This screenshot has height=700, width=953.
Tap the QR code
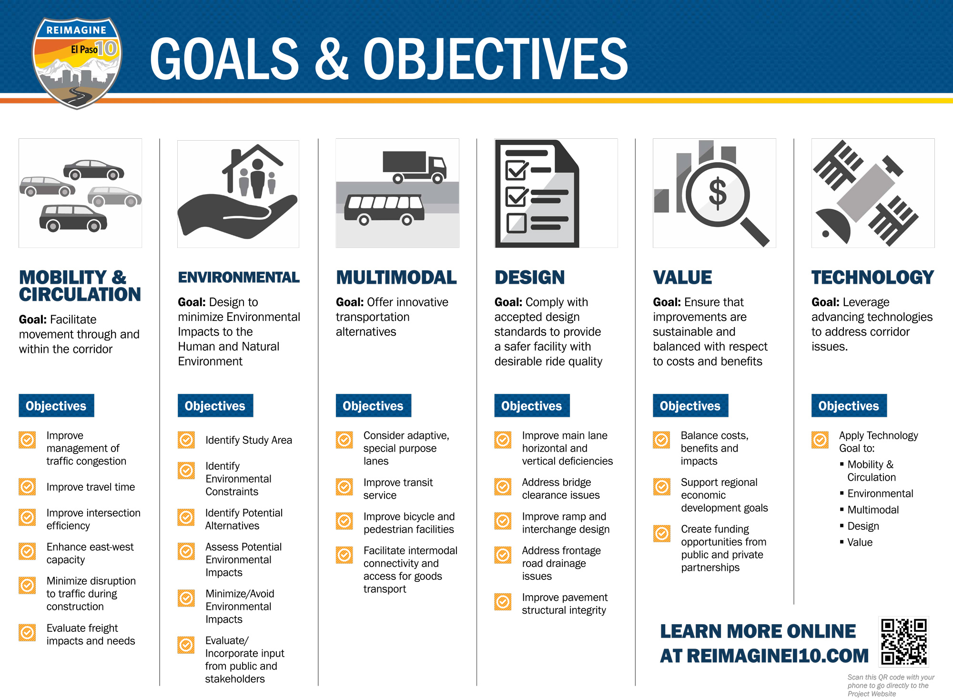(x=903, y=641)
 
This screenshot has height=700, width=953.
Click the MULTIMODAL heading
(x=396, y=277)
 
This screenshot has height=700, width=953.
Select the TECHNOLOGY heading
(x=872, y=277)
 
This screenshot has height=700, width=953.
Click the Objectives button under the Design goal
(x=532, y=406)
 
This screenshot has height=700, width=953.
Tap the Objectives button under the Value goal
(x=690, y=406)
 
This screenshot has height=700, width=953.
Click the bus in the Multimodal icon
(x=384, y=209)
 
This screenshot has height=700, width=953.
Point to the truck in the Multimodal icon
(x=415, y=167)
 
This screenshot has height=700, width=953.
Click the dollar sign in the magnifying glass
(x=718, y=194)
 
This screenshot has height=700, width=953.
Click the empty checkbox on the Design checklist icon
(x=517, y=223)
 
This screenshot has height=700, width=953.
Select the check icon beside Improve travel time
(x=27, y=487)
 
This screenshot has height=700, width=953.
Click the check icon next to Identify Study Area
(x=186, y=440)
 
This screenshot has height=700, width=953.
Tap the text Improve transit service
(x=398, y=489)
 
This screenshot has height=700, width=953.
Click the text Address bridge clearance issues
(x=561, y=489)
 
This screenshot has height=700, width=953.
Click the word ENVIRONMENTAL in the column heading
(x=239, y=277)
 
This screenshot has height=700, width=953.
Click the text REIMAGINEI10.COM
(x=778, y=656)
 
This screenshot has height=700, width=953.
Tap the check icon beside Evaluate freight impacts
(x=27, y=632)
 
